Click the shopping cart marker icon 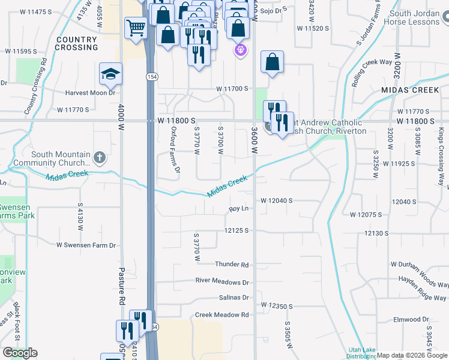click(x=136, y=28)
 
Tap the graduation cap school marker click(x=110, y=73)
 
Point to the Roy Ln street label click(x=239, y=209)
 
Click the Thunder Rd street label click(x=232, y=265)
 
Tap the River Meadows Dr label click(x=221, y=281)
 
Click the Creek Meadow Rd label click(x=221, y=314)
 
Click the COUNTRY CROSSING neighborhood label click(x=76, y=43)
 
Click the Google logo click(x=20, y=353)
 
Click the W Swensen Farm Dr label click(x=86, y=245)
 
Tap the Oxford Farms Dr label click(x=175, y=150)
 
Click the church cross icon click(x=100, y=158)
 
